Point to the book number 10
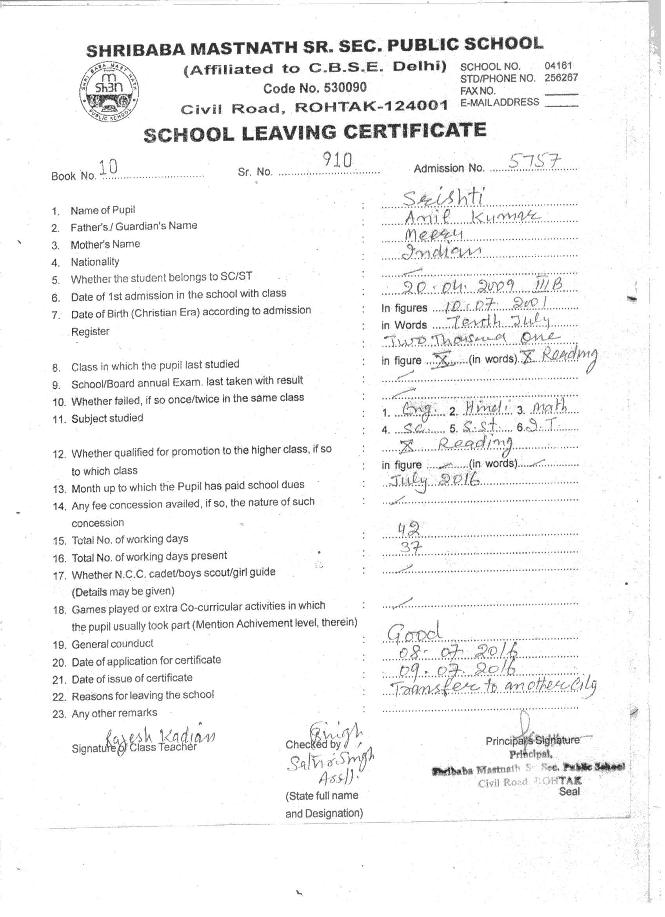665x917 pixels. point(108,167)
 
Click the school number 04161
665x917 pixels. point(558,65)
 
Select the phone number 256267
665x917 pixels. point(561,78)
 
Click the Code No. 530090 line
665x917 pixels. point(315,88)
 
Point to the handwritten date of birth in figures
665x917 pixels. point(496,304)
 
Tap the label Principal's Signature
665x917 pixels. point(532,741)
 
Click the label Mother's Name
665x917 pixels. point(105,245)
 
